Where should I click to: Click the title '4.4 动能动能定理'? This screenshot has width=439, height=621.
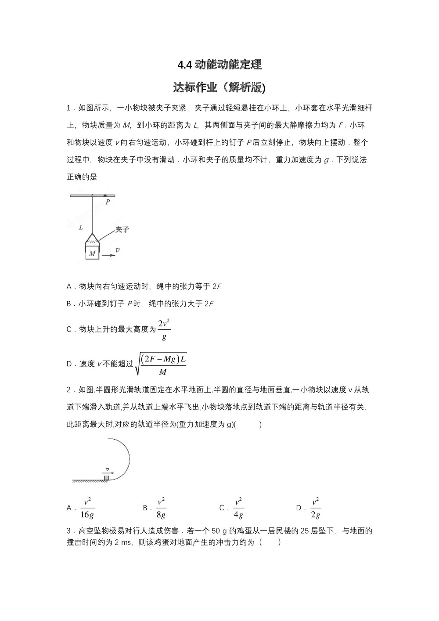pos(219,65)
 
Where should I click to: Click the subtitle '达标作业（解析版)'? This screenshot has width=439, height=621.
pos(219,87)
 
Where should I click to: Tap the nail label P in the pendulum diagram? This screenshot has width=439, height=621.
pos(108,202)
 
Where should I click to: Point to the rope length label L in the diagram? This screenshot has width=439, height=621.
pos(81,227)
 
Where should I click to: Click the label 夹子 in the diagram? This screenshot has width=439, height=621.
pos(122,229)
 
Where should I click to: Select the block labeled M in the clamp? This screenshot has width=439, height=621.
pos(92,253)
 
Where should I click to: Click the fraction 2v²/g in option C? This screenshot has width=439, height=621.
pos(164,329)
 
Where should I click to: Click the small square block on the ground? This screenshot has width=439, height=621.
pos(106,477)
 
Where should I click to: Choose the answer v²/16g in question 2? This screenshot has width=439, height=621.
pos(87,508)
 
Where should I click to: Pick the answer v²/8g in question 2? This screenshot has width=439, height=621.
pos(161,508)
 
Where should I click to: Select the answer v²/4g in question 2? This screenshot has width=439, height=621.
pos(238,508)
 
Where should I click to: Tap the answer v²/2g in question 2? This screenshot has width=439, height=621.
pos(315,508)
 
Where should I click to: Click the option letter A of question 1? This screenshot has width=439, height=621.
pos(69,287)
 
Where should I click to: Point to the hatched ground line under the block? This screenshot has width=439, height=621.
pos(90,482)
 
